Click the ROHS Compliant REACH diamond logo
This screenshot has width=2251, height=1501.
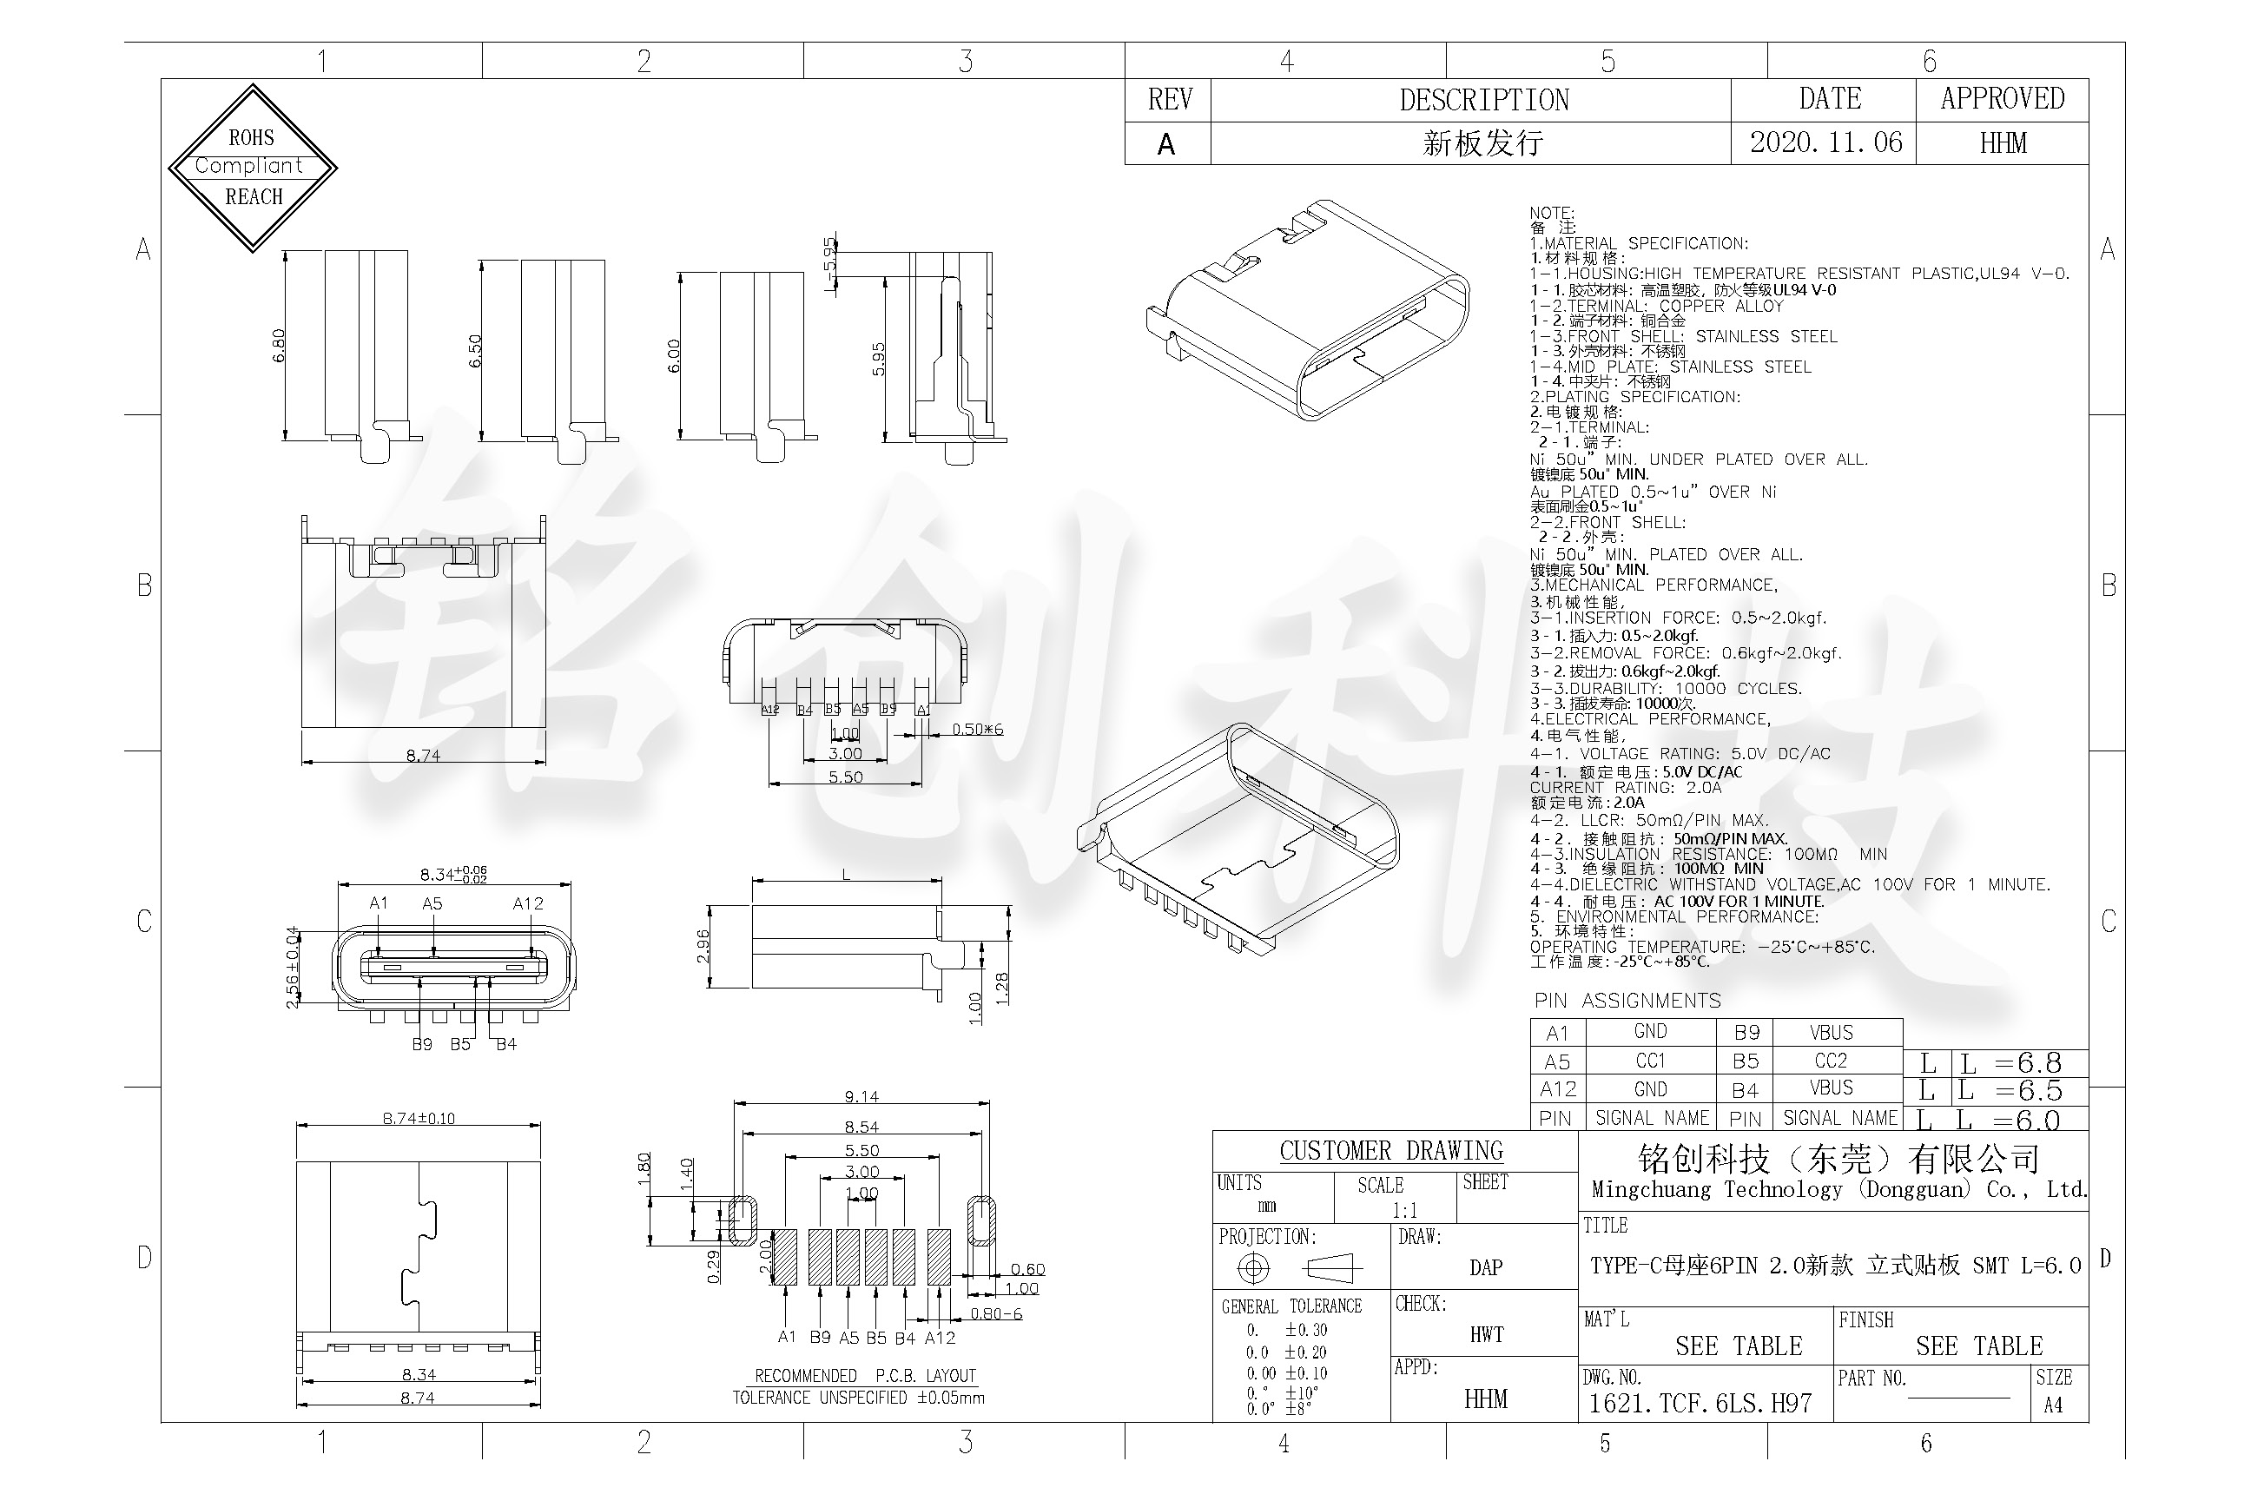(253, 168)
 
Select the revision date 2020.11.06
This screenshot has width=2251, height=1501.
(1825, 142)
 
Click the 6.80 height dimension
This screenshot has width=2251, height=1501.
(279, 346)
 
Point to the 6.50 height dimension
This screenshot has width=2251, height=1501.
(475, 350)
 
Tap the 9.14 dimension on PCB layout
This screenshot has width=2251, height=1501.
(861, 1096)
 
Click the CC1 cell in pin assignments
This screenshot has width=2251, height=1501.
(1650, 1061)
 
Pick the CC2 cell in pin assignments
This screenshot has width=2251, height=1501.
(1830, 1061)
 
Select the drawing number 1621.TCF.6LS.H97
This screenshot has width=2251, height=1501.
(1700, 1404)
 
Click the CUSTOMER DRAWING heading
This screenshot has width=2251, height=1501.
(1390, 1151)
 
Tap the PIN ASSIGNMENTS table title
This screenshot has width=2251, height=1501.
(1627, 1002)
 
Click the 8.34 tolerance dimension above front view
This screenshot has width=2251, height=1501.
(452, 873)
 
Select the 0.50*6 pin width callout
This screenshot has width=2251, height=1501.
(977, 730)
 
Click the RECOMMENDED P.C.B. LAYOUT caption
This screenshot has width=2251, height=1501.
(864, 1376)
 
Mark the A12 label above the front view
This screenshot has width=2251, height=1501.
(527, 903)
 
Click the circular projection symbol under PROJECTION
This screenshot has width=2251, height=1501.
(1253, 1268)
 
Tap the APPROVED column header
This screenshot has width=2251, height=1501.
(2002, 99)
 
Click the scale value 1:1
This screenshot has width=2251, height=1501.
(1404, 1210)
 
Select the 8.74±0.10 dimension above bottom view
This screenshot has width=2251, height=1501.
(419, 1118)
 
